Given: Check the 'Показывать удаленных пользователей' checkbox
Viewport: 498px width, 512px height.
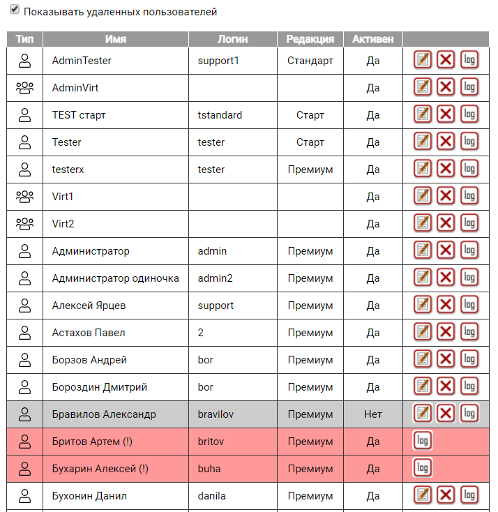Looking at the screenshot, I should pyautogui.click(x=15, y=11).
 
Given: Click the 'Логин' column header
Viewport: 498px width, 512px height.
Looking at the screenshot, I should pyautogui.click(x=232, y=39).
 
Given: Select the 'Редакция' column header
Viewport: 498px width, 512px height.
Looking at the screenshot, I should pyautogui.click(x=310, y=39).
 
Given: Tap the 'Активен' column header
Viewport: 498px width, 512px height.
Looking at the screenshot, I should pyautogui.click(x=372, y=39).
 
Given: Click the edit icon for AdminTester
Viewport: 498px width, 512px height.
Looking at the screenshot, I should pyautogui.click(x=423, y=60).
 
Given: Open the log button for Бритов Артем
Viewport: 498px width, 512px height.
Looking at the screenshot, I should pyautogui.click(x=423, y=442).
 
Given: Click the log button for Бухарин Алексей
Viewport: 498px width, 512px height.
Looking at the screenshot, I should pyautogui.click(x=423, y=468).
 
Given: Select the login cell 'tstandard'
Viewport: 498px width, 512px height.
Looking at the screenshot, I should pyautogui.click(x=220, y=115).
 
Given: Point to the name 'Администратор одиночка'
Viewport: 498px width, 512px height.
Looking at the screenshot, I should pyautogui.click(x=115, y=278).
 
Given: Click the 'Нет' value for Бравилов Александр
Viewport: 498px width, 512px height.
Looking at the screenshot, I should pyautogui.click(x=373, y=414).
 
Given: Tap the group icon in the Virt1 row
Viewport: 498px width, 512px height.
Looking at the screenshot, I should pyautogui.click(x=24, y=197).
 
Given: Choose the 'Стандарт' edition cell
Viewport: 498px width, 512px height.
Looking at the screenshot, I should pyautogui.click(x=310, y=61).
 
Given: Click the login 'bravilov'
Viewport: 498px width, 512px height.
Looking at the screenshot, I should pyautogui.click(x=216, y=414).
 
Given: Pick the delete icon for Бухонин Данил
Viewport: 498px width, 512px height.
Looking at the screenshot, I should pyautogui.click(x=446, y=495).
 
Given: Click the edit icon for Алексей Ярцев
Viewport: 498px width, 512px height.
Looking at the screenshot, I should pyautogui.click(x=423, y=305).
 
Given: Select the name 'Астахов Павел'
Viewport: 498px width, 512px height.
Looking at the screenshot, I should pyautogui.click(x=89, y=333).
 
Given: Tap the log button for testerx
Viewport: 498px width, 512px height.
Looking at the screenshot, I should pyautogui.click(x=469, y=169).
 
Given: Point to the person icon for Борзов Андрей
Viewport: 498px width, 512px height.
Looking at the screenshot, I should pyautogui.click(x=24, y=360).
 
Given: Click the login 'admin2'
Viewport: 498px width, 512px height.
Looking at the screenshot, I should pyautogui.click(x=215, y=278).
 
